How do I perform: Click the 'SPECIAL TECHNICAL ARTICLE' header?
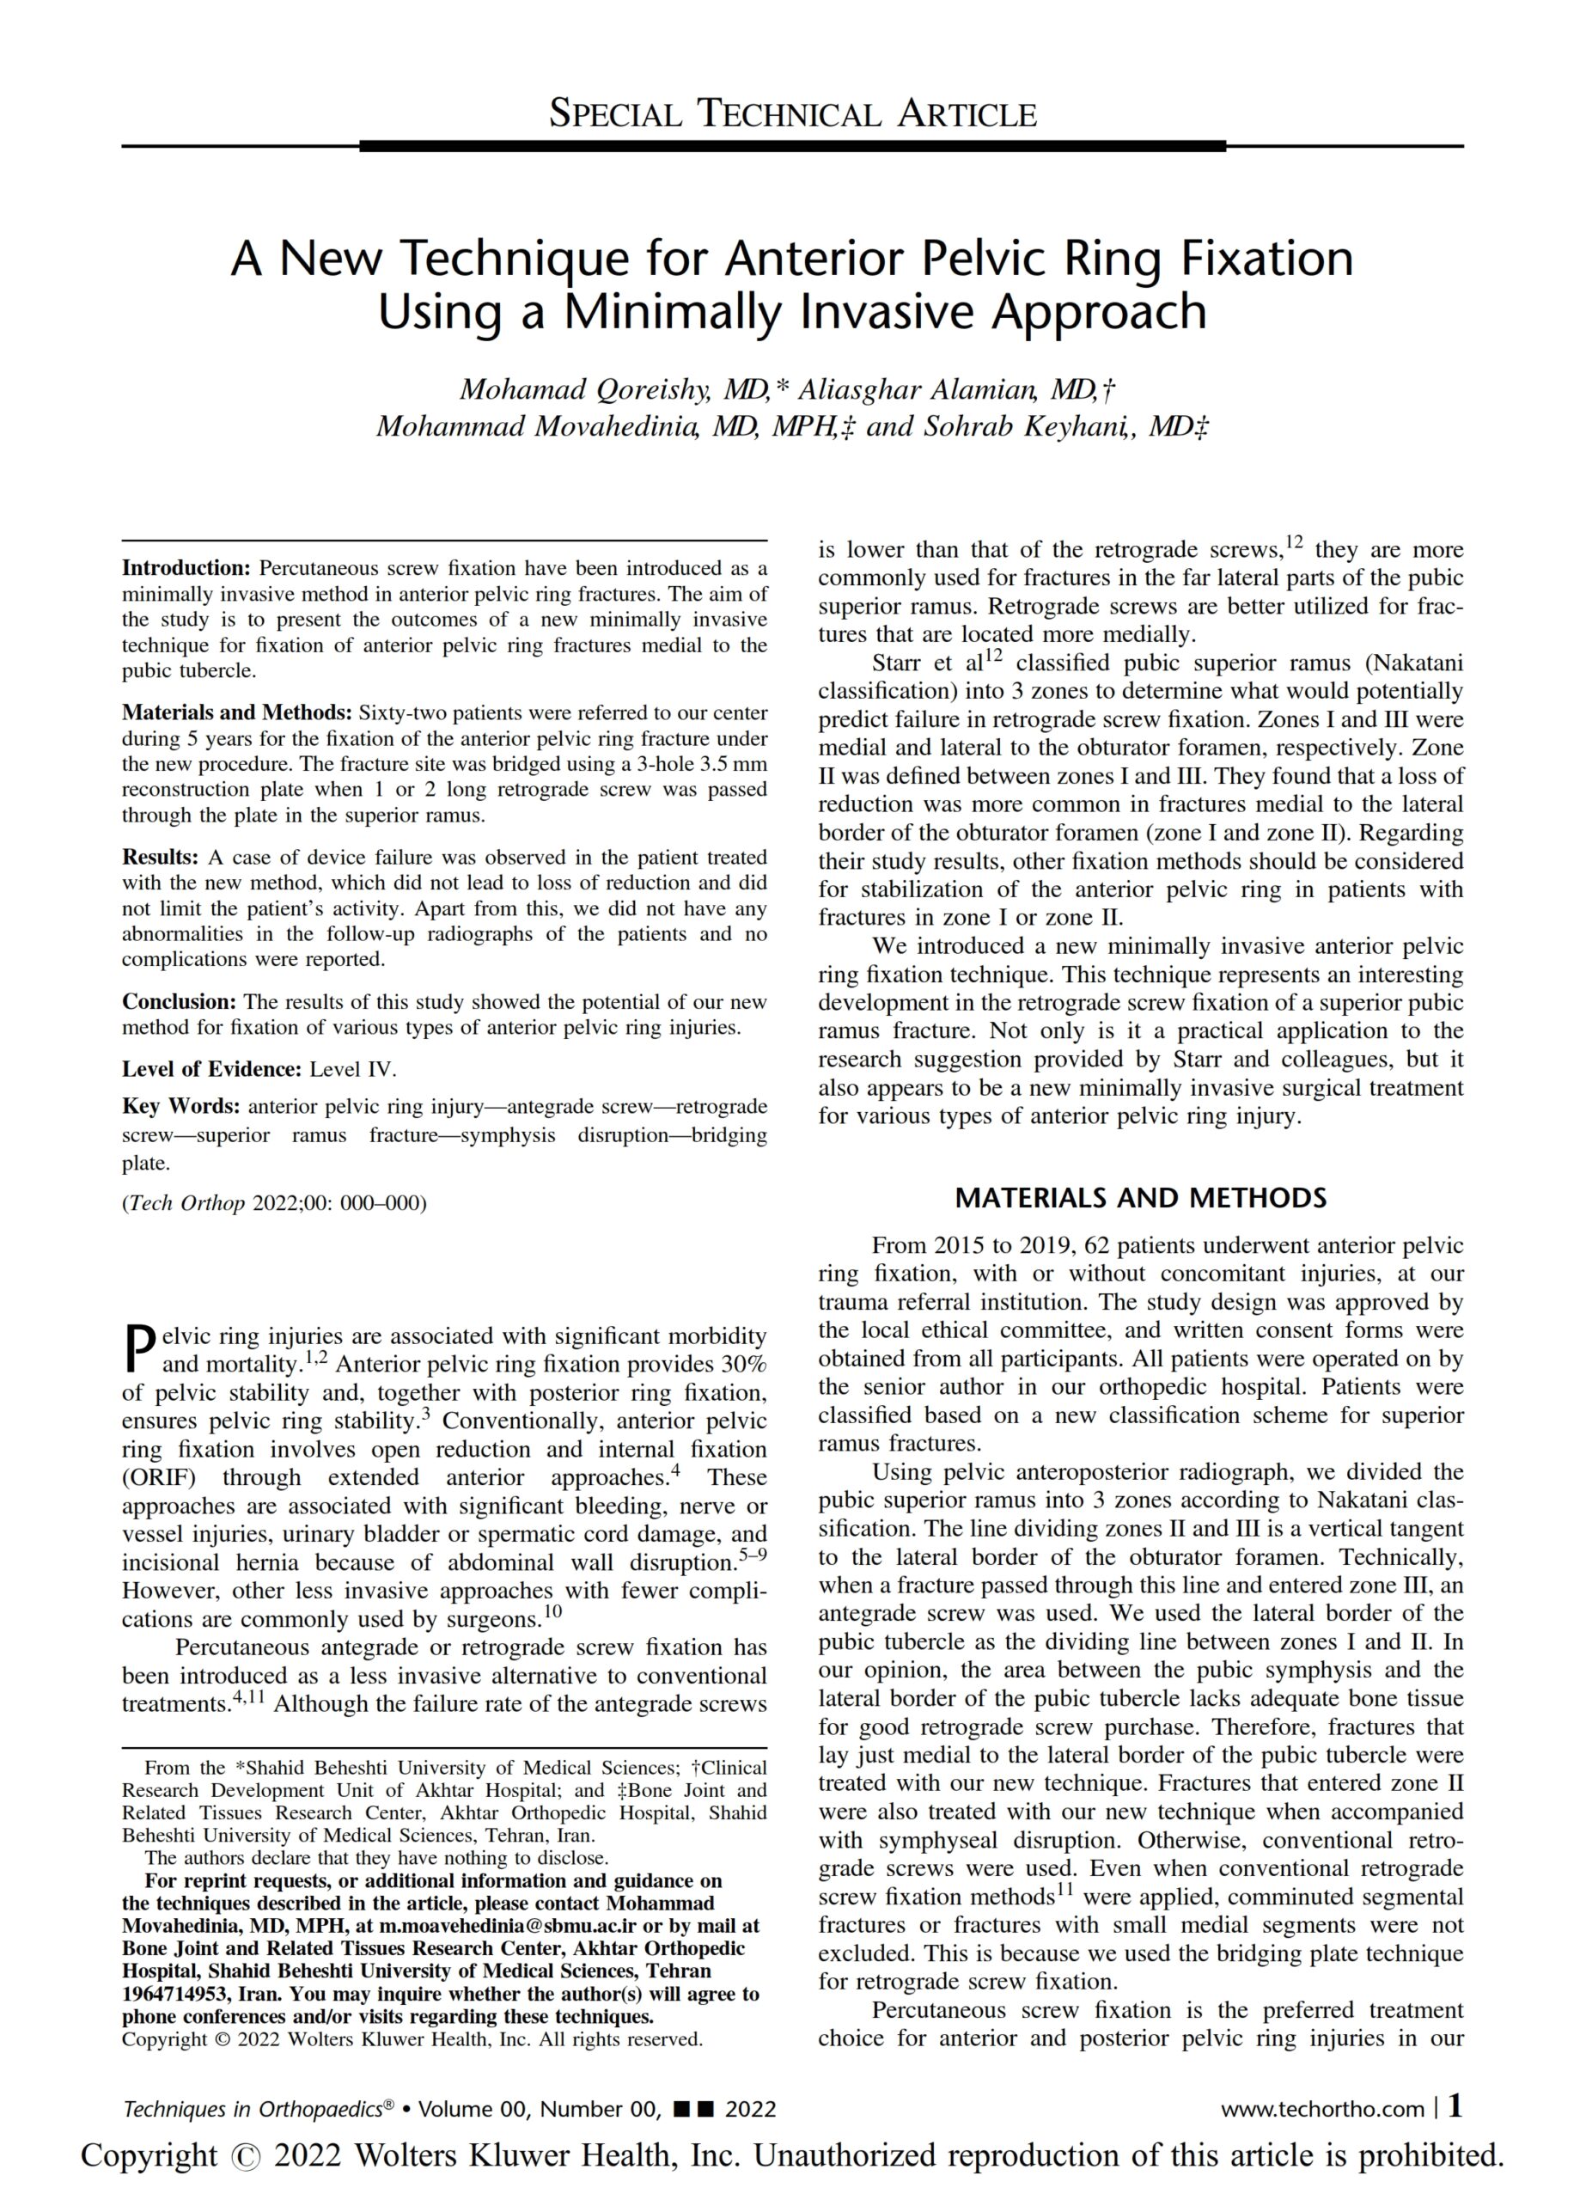pyautogui.click(x=792, y=114)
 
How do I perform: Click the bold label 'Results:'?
pyautogui.click(x=160, y=858)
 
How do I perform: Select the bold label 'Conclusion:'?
pyautogui.click(x=179, y=1002)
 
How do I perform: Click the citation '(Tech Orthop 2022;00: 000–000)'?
pyautogui.click(x=273, y=1204)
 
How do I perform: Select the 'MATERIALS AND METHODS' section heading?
pyautogui.click(x=1140, y=1198)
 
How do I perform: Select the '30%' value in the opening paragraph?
pyautogui.click(x=743, y=1365)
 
